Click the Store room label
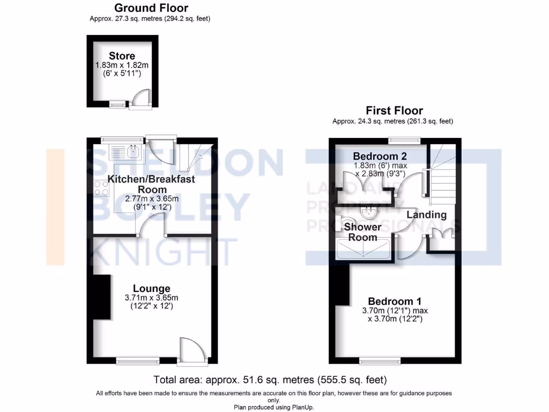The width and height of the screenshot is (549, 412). pyautogui.click(x=122, y=56)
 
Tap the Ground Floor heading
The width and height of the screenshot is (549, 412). pyautogui.click(x=151, y=8)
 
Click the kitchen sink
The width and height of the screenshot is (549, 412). pyautogui.click(x=133, y=151)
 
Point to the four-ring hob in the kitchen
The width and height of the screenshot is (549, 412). pyautogui.click(x=101, y=188)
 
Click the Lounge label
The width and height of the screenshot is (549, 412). pyautogui.click(x=152, y=289)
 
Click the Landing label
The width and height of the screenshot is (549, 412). pyautogui.click(x=427, y=215)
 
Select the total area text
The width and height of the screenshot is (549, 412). pyautogui.click(x=270, y=380)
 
